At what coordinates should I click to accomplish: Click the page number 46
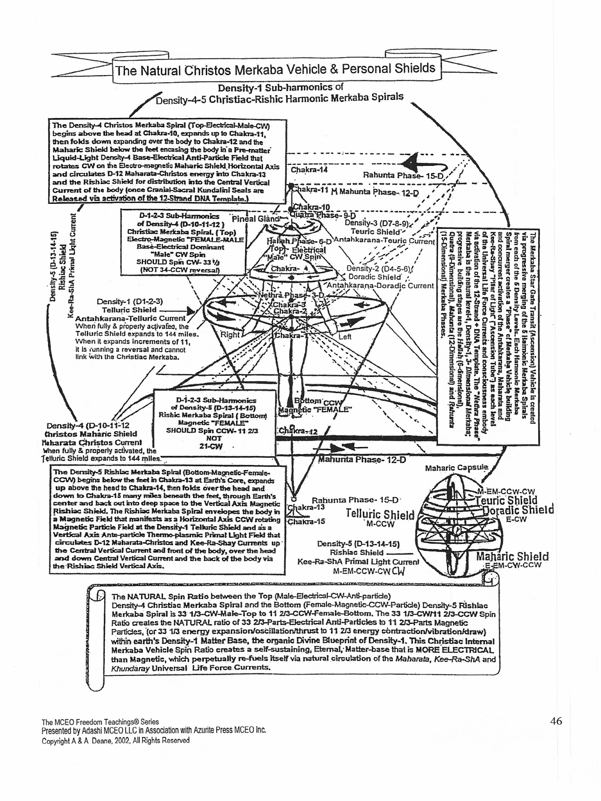tap(556, 721)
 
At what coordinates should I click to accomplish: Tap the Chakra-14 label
tap(309, 170)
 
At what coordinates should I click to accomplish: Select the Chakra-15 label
tap(306, 521)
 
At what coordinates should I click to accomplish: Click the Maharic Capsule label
tap(456, 468)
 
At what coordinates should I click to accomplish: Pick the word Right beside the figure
tap(229, 334)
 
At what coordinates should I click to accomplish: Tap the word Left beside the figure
tap(345, 337)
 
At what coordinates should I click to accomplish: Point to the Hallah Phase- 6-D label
tap(297, 241)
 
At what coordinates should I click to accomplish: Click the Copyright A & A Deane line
tap(116, 740)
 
